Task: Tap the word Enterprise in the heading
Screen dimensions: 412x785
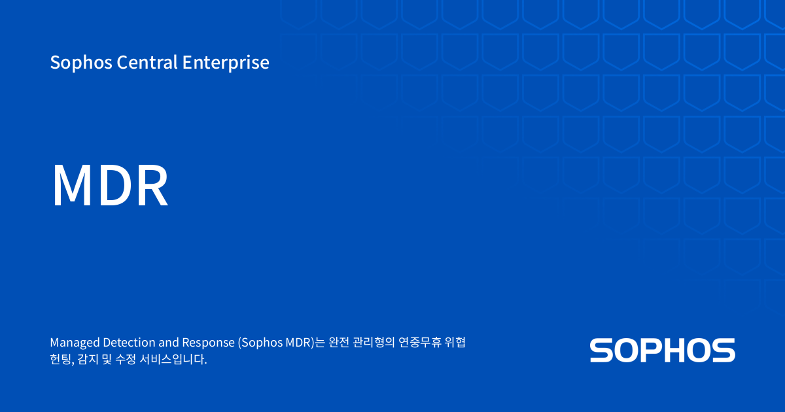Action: [x=226, y=63]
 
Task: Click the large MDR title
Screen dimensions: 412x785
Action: [x=110, y=186]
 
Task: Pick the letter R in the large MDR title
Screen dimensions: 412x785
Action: [x=152, y=186]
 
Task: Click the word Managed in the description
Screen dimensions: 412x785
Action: [x=75, y=343]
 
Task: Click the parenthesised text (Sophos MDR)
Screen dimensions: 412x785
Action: [x=277, y=343]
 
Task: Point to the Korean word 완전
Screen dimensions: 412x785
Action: [x=339, y=343]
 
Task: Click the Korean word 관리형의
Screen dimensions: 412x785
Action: [x=375, y=343]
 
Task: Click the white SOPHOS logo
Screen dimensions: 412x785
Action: [x=662, y=351]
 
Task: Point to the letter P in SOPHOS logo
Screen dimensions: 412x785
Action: [x=650, y=351]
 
